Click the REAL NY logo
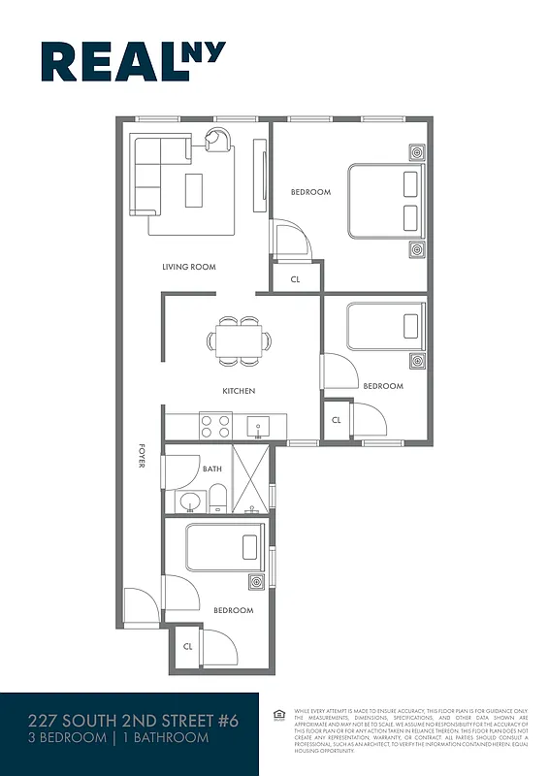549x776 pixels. [133, 61]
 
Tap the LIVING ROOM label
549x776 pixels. [188, 267]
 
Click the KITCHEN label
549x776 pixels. [239, 391]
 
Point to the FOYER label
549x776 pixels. [142, 457]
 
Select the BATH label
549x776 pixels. [212, 469]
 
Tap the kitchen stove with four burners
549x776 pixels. [215, 424]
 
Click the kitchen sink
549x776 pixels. [258, 425]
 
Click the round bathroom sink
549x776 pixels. [189, 501]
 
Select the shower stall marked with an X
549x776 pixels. [251, 478]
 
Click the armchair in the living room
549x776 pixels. [219, 140]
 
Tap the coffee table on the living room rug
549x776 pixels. [195, 190]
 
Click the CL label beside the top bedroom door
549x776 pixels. [295, 279]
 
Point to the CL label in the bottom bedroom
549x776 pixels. [187, 644]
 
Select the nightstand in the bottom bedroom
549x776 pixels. [257, 583]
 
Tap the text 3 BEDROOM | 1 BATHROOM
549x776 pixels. [118, 739]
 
